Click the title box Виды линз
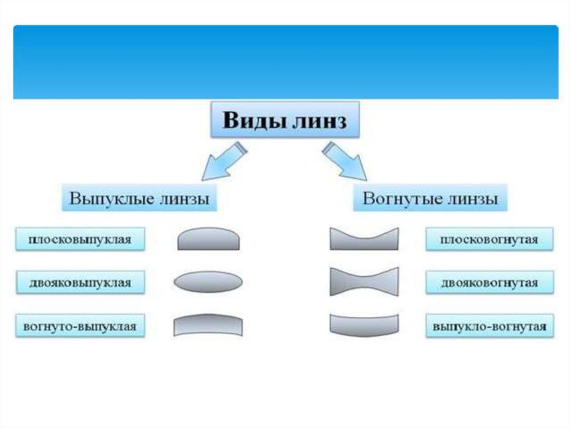pyautogui.click(x=284, y=120)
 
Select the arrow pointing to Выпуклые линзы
pyautogui.click(x=222, y=162)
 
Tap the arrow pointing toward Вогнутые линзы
pyautogui.click(x=346, y=162)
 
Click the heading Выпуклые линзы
pyautogui.click(x=139, y=199)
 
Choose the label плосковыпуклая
pyautogui.click(x=80, y=240)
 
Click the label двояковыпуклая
pyautogui.click(x=80, y=283)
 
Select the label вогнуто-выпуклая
pyautogui.click(x=80, y=326)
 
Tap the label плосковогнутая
pyautogui.click(x=489, y=240)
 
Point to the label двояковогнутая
pyautogui.click(x=489, y=283)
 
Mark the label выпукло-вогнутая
pyautogui.click(x=489, y=326)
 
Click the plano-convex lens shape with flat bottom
pyautogui.click(x=209, y=239)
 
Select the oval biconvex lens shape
pyautogui.click(x=208, y=282)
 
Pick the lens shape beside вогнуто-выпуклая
pyautogui.click(x=208, y=325)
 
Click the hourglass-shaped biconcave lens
pyautogui.click(x=364, y=281)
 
